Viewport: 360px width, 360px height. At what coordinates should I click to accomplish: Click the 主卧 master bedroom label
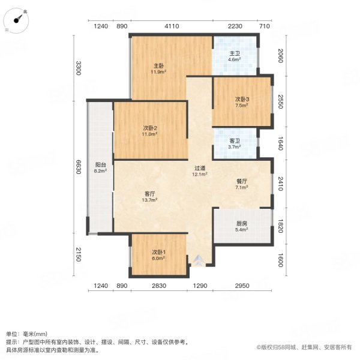pyautogui.click(x=158, y=66)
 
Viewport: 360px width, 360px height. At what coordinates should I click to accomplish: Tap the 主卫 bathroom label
pyautogui.click(x=235, y=54)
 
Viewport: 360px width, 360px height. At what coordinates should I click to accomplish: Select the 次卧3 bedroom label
pyautogui.click(x=242, y=100)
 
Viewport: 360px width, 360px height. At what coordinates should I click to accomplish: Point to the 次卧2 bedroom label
pyautogui.click(x=150, y=128)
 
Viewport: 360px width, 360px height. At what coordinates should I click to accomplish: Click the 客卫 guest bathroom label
pyautogui.click(x=235, y=141)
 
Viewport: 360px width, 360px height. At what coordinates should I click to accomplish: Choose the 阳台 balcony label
pyautogui.click(x=101, y=165)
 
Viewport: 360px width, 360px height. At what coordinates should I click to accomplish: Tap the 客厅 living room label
pyautogui.click(x=149, y=194)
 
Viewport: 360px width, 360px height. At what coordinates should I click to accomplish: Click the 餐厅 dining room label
pyautogui.click(x=242, y=181)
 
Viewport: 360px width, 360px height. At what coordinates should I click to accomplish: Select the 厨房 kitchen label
pyautogui.click(x=242, y=223)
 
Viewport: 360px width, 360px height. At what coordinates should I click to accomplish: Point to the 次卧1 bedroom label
pyautogui.click(x=158, y=252)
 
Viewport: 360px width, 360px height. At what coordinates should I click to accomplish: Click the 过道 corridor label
pyautogui.click(x=200, y=168)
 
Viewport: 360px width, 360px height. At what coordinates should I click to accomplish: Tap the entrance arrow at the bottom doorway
pyautogui.click(x=199, y=260)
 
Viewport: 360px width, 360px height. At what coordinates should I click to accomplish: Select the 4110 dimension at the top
pyautogui.click(x=172, y=26)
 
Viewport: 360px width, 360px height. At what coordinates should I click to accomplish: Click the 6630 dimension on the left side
pyautogui.click(x=78, y=167)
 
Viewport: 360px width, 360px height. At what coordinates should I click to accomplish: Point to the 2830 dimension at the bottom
pyautogui.click(x=159, y=286)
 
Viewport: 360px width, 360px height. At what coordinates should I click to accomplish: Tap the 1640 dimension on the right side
pyautogui.click(x=280, y=143)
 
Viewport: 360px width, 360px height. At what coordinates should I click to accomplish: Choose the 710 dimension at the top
pyautogui.click(x=265, y=26)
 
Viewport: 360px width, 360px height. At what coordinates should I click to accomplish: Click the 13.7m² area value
pyautogui.click(x=149, y=200)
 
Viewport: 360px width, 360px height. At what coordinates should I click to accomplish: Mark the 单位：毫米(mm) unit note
pyautogui.click(x=26, y=334)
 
